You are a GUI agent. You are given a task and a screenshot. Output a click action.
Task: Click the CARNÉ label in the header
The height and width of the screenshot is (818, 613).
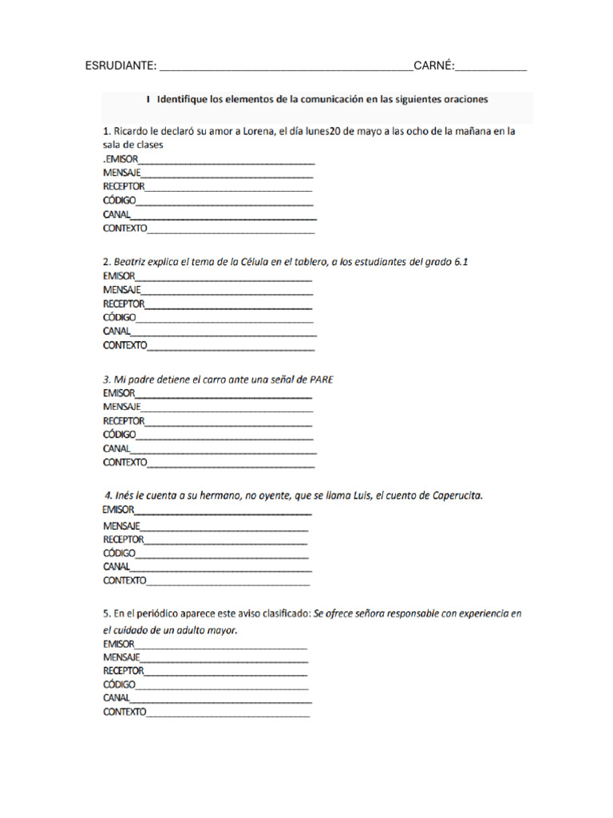[x=433, y=66]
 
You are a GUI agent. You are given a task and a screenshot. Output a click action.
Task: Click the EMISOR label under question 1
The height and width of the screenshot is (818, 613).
[x=121, y=160]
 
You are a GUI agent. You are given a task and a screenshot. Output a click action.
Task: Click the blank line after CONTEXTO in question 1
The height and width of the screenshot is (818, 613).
[x=231, y=228]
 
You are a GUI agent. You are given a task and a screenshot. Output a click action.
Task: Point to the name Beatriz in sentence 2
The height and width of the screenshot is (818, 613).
[x=132, y=261]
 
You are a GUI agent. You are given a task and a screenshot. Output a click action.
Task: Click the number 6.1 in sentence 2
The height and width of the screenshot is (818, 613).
[x=470, y=261]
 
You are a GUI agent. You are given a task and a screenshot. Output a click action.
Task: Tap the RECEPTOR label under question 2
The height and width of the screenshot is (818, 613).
[x=124, y=304]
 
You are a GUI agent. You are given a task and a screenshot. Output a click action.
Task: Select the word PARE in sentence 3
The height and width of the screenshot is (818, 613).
[x=320, y=379]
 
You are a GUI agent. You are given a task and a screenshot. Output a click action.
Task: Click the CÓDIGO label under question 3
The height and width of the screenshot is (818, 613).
[x=119, y=435]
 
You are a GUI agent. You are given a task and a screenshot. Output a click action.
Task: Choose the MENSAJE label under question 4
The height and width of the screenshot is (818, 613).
[x=121, y=526]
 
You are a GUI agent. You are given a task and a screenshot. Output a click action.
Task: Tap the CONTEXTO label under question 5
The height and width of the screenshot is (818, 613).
[x=125, y=712]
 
